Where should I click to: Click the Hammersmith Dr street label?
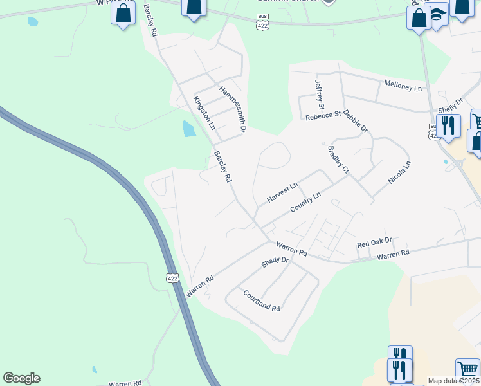click(233, 109)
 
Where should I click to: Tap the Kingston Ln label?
click(203, 111)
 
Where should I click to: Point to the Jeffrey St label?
click(319, 95)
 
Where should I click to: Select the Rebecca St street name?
click(323, 116)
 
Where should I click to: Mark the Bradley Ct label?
click(338, 160)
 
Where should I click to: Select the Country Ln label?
click(305, 203)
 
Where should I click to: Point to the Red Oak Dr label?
click(374, 244)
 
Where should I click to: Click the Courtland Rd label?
click(262, 300)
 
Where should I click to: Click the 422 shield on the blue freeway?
click(171, 278)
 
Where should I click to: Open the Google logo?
click(21, 378)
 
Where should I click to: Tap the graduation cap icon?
click(438, 15)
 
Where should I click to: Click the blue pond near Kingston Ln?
click(188, 129)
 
